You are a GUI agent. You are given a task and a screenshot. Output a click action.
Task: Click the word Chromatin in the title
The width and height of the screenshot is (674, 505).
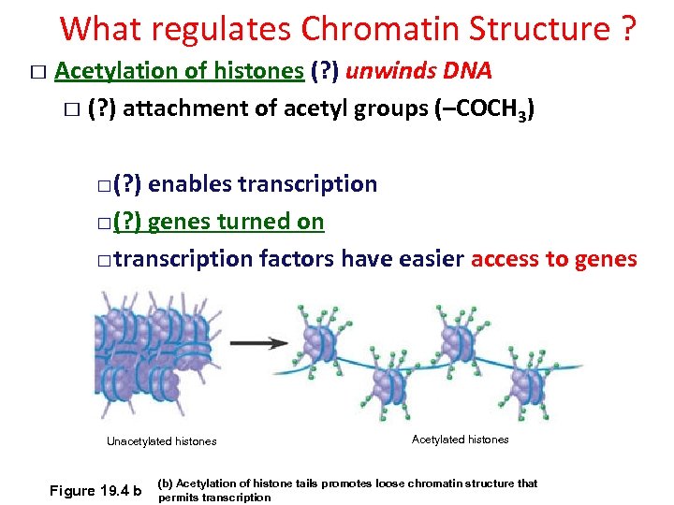[x=362, y=30]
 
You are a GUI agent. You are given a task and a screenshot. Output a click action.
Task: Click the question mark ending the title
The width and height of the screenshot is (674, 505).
[x=629, y=30]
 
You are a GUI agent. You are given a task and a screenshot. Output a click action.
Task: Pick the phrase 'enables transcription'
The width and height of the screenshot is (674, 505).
[x=262, y=184]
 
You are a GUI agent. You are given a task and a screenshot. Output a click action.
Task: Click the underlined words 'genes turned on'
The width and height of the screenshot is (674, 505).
[x=236, y=222]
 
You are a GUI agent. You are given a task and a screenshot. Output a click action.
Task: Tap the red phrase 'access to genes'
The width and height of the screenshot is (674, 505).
[x=553, y=259]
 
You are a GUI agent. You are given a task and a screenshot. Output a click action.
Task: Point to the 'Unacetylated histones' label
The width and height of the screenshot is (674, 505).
[x=161, y=441]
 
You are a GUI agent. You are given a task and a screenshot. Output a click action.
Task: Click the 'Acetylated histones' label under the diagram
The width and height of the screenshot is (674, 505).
[x=460, y=440]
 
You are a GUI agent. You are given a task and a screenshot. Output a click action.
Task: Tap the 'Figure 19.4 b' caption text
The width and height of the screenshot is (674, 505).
[x=95, y=491]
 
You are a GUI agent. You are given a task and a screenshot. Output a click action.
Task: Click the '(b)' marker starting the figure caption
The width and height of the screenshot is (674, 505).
[x=166, y=483]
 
